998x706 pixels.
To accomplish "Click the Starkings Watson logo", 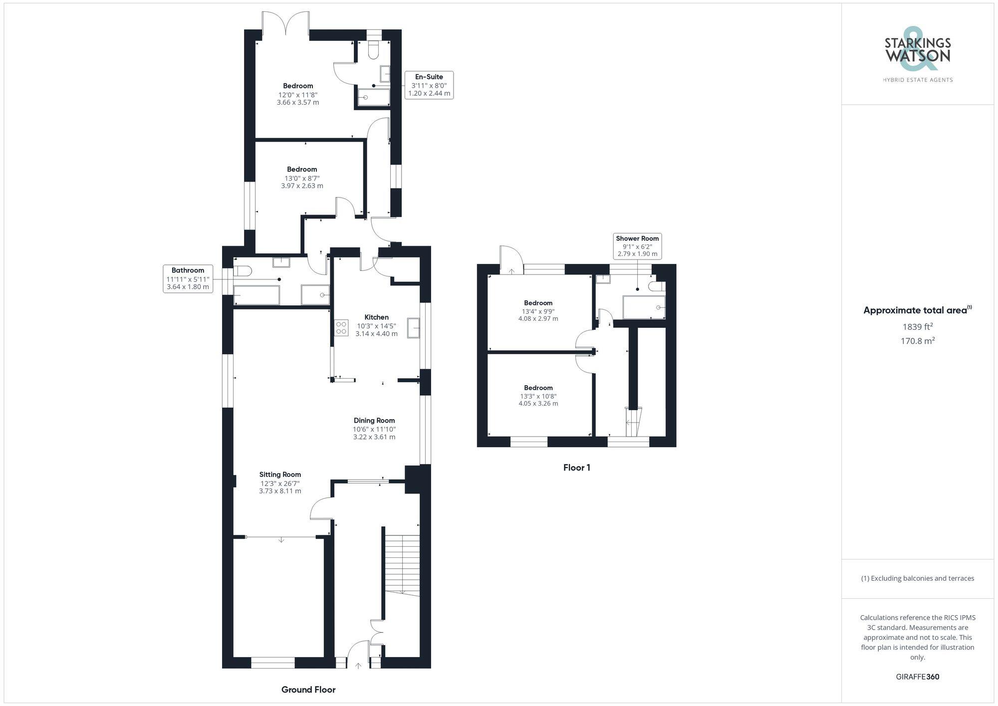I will click(917, 55).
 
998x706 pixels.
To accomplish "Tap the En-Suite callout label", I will click(429, 85).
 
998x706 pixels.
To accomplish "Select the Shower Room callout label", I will click(637, 246).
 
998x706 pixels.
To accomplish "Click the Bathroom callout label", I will click(188, 278).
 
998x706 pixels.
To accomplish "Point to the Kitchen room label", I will click(376, 317).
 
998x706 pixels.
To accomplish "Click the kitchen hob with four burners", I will click(342, 328).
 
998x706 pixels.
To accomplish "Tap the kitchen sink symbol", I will click(413, 328).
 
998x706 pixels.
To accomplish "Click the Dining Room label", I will click(374, 421).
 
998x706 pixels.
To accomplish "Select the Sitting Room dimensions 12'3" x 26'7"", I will click(280, 483).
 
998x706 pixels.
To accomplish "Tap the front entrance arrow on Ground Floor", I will click(358, 665).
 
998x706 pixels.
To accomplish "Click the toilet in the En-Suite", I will click(374, 49).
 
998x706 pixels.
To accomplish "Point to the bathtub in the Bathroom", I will click(256, 295).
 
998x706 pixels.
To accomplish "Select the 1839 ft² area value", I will click(917, 327).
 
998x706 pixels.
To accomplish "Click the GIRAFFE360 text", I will click(917, 677).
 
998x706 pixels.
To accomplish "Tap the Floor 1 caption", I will click(576, 468).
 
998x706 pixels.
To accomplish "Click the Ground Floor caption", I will click(308, 690).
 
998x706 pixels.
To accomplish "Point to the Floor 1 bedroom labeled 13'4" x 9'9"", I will click(538, 310).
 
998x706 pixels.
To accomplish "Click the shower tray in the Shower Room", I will click(644, 307).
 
